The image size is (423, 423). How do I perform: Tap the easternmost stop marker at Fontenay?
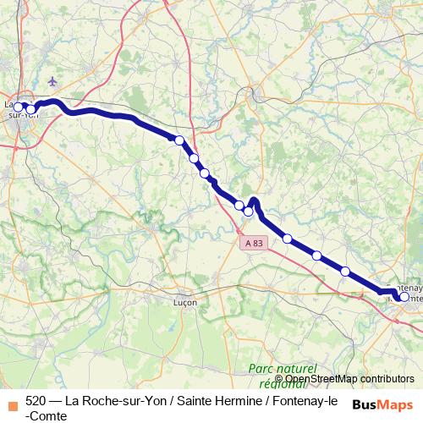pyautogui.click(x=404, y=297)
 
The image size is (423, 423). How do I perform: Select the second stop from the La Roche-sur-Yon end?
pyautogui.click(x=31, y=108)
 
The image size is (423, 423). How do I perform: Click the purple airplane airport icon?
pyautogui.click(x=53, y=81)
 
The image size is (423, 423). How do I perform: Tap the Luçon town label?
pyautogui.click(x=184, y=301)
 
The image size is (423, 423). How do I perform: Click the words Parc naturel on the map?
pyautogui.click(x=282, y=369)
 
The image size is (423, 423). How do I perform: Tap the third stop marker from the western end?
pyautogui.click(x=179, y=140)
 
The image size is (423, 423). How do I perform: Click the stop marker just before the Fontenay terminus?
pyautogui.click(x=345, y=271)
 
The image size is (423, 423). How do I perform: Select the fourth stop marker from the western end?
pyautogui.click(x=194, y=158)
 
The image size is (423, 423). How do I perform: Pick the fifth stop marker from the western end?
pyautogui.click(x=204, y=173)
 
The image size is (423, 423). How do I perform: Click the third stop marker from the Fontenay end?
pyautogui.click(x=317, y=255)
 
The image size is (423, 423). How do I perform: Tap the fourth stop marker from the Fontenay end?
pyautogui.click(x=288, y=239)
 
